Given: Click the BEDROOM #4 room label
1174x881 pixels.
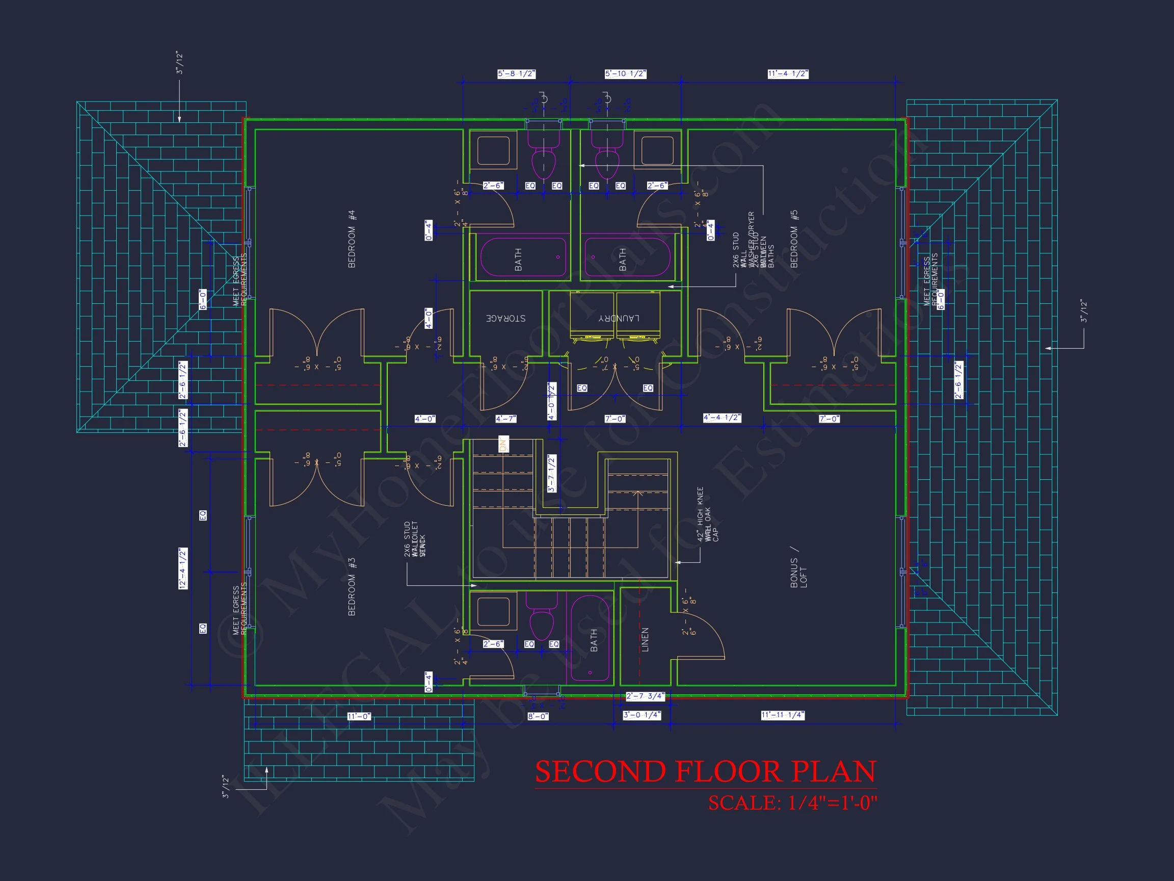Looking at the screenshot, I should tap(352, 239).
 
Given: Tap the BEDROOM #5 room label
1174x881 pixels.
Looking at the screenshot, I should tap(794, 239).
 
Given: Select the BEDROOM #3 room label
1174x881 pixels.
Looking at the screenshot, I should tap(352, 586).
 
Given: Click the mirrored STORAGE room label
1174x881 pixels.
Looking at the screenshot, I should tap(506, 318).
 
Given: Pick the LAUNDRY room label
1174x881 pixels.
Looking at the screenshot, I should tap(619, 318).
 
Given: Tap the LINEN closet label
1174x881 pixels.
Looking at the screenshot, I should tap(645, 639).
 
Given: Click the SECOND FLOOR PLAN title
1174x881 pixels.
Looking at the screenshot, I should tap(705, 771).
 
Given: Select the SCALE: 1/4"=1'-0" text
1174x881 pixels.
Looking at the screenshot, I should tap(792, 803).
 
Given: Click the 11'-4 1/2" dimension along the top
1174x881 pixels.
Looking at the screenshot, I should tap(788, 74).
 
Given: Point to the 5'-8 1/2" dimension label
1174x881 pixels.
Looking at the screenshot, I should tap(516, 74).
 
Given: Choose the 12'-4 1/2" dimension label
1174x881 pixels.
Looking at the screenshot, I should tap(183, 569).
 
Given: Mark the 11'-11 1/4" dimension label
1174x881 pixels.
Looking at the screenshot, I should tap(782, 715).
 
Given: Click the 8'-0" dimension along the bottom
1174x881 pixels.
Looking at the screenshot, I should tap(538, 716).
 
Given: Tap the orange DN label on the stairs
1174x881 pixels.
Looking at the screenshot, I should tap(503, 444).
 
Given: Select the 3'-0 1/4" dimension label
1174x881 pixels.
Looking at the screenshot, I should tap(642, 715).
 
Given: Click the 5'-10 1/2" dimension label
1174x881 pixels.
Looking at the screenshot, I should tap(625, 74).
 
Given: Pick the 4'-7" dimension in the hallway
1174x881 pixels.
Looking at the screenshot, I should tap(505, 419).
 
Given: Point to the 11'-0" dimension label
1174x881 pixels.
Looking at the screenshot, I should tap(359, 716).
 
